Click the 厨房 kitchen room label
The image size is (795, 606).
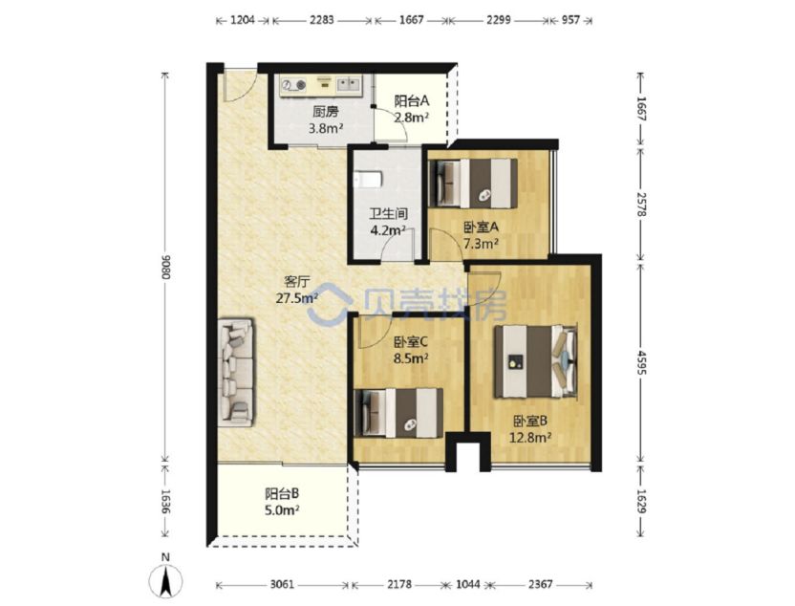326,111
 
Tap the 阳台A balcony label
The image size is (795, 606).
412,101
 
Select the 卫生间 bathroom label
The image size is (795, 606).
388,214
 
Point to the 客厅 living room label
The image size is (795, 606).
296,281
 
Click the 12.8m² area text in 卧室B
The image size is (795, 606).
530,437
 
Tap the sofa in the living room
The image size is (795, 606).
236,373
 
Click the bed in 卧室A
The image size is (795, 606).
473,184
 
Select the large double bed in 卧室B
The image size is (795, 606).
536,361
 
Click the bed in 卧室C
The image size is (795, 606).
398,413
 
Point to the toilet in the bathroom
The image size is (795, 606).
368,180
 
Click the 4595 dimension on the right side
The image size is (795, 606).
641,362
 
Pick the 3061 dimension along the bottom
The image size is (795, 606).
282,584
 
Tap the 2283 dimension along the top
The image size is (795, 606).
321,20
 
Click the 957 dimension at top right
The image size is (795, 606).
570,20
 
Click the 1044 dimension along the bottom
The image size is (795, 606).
467,584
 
